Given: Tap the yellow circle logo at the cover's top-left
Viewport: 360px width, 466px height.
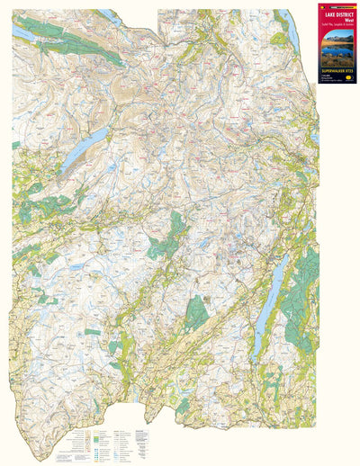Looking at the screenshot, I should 323,8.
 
